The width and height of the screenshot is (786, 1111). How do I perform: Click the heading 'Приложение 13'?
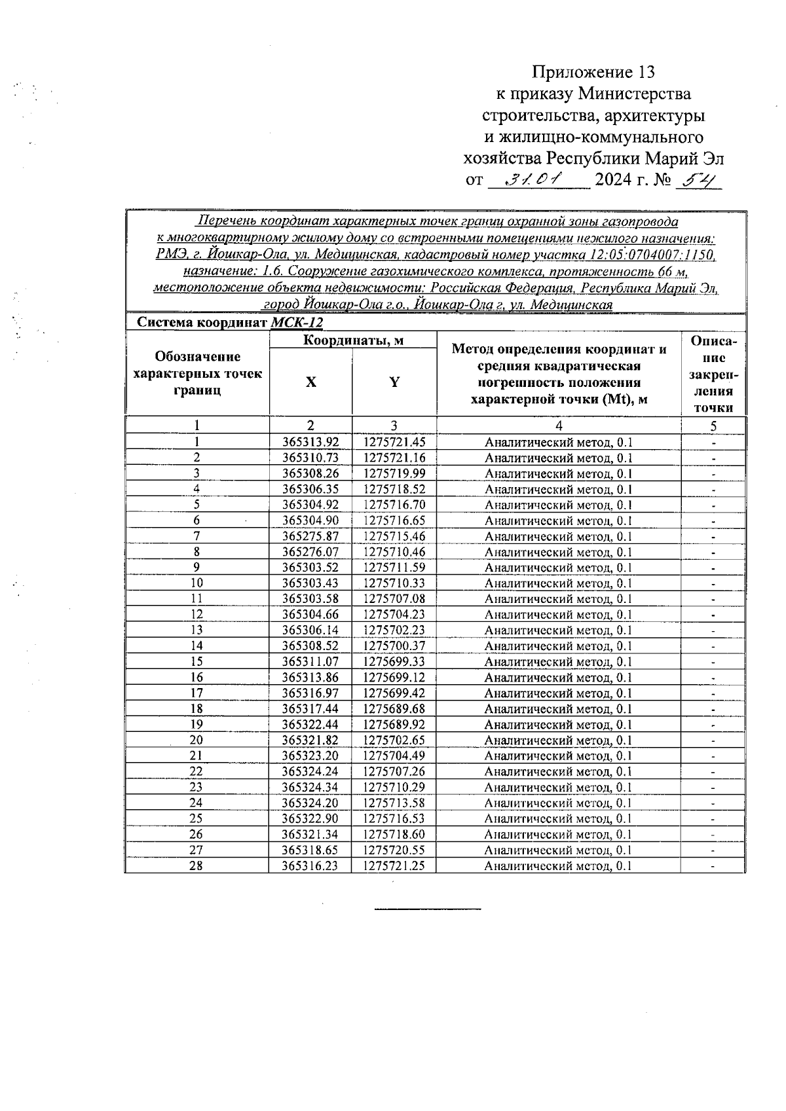pyautogui.click(x=593, y=72)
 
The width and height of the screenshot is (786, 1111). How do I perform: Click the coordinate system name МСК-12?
pyautogui.click(x=297, y=323)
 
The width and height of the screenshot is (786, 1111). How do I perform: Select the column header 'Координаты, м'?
pyautogui.click(x=353, y=340)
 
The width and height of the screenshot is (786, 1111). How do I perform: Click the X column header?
pyautogui.click(x=310, y=382)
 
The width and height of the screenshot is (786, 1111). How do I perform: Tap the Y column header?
pyautogui.click(x=394, y=382)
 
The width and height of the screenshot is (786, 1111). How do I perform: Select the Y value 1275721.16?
pyautogui.click(x=394, y=458)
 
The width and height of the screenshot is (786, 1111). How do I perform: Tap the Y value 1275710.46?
pyautogui.click(x=394, y=553)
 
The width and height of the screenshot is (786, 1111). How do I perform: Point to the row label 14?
pyautogui.click(x=196, y=646)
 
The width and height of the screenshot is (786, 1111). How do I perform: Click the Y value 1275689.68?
pyautogui.click(x=394, y=709)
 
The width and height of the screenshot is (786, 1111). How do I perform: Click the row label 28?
pyautogui.click(x=196, y=866)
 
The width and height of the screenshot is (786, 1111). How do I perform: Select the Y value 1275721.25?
pyautogui.click(x=394, y=866)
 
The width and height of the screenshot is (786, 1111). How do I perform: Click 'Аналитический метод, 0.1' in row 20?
pyautogui.click(x=558, y=740)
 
